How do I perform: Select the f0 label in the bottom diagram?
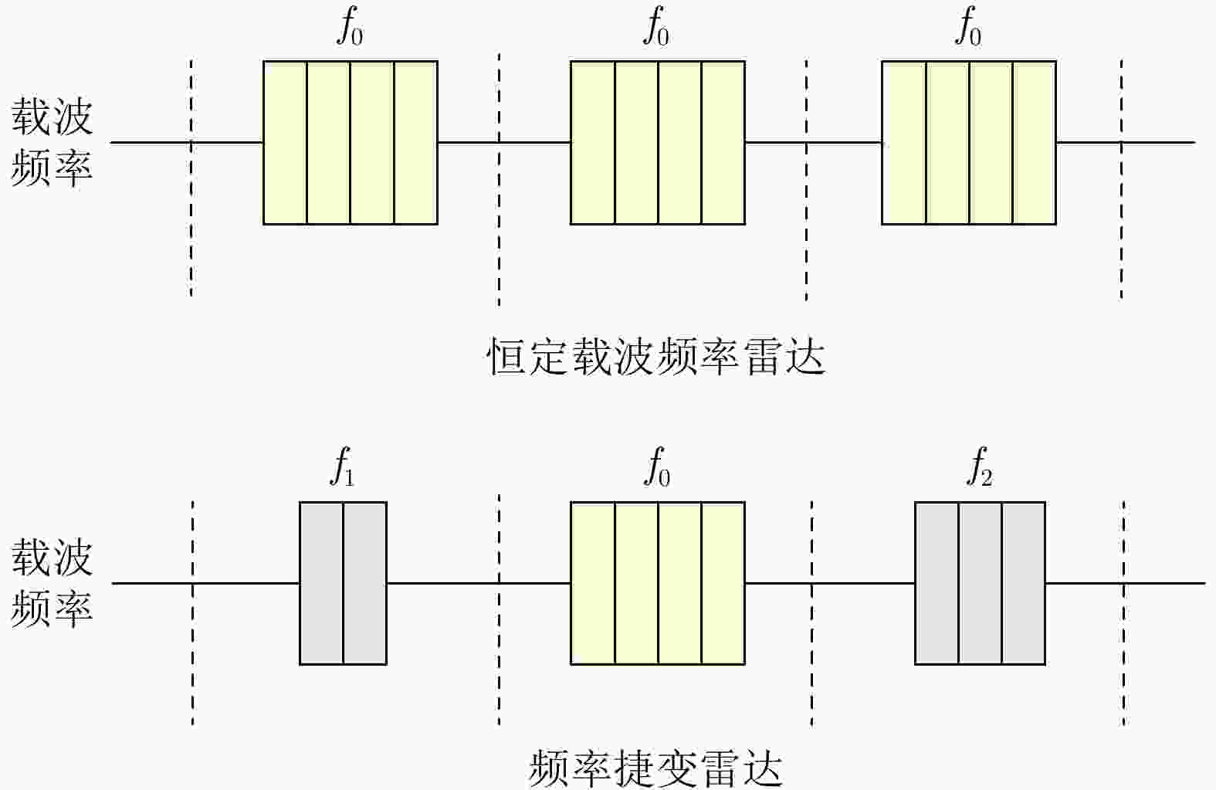(657, 466)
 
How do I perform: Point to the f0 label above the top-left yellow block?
(350, 26)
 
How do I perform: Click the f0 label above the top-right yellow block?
(968, 26)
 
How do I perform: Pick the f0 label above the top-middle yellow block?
(657, 26)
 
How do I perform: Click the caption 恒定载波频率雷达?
(656, 357)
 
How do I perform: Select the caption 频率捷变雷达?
(656, 768)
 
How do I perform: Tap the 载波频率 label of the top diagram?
(52, 142)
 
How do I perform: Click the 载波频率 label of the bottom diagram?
(52, 582)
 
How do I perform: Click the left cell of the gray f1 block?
(321, 583)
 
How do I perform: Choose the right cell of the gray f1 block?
(365, 583)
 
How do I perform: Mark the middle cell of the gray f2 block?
(981, 583)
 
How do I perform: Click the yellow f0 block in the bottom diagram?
(658, 583)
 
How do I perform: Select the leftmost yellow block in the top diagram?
(351, 143)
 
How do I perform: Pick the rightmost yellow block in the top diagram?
(969, 143)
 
